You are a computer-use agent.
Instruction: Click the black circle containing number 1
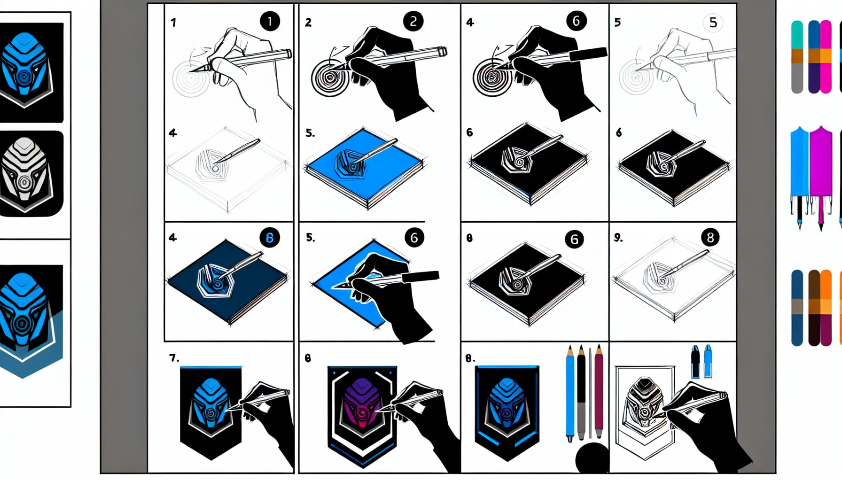point(270,21)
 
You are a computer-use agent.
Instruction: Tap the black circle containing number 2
point(413,21)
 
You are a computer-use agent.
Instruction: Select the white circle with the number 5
point(713,23)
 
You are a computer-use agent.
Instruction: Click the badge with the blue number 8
point(270,238)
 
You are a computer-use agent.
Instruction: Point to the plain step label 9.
point(618,238)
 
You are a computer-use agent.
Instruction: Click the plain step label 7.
point(174,358)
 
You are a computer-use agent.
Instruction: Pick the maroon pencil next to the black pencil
point(599,390)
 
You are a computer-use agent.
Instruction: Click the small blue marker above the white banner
point(708,362)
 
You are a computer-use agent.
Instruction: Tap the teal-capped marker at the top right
point(797,56)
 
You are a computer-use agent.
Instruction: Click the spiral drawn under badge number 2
point(330,77)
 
